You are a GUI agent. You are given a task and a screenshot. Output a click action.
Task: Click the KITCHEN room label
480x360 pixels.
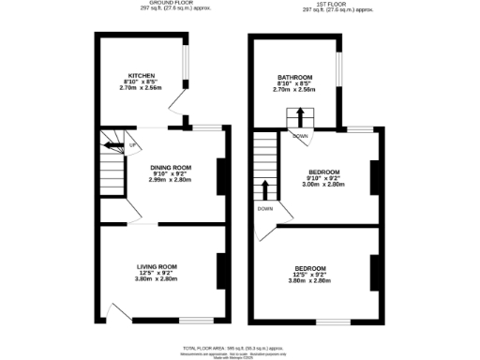(x=142, y=76)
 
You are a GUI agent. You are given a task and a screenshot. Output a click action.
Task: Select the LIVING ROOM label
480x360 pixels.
(x=157, y=268)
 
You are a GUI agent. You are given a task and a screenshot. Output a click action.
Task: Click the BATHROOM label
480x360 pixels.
(x=293, y=77)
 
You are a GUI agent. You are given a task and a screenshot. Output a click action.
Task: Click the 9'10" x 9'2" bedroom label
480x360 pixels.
(x=324, y=172)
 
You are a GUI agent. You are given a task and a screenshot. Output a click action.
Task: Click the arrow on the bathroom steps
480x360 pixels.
(x=300, y=116)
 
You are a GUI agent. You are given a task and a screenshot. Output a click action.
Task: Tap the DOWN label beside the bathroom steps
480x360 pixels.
(x=300, y=135)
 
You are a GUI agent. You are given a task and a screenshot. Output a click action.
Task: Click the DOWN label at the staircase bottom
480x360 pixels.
(x=265, y=208)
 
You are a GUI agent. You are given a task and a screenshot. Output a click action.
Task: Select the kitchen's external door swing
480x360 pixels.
(x=181, y=105)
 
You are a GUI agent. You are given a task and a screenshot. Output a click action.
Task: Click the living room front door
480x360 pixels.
(x=117, y=312)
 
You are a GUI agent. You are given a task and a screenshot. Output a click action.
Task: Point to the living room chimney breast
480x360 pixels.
(x=221, y=270)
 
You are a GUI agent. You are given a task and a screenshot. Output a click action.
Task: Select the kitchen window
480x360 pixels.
(x=185, y=67)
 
